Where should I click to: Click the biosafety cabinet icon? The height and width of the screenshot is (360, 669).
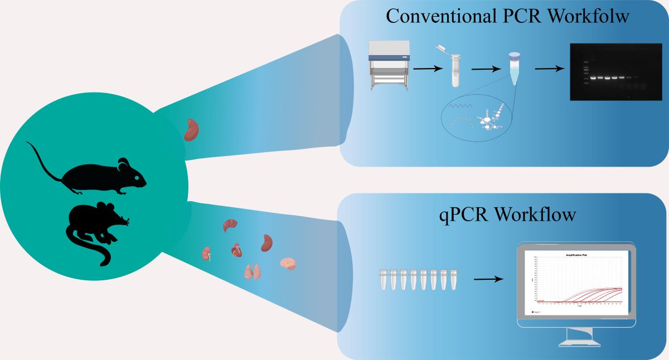pyautogui.click(x=389, y=66)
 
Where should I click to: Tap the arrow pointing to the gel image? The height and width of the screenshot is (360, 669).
pyautogui.click(x=549, y=69)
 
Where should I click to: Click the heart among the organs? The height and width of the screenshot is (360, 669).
pyautogui.click(x=237, y=250)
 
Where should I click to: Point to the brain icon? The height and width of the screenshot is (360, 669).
pyautogui.click(x=288, y=263)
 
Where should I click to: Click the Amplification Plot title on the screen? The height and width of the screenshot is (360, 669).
pyautogui.click(x=578, y=255)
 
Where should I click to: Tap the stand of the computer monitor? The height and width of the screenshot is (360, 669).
pyautogui.click(x=578, y=336)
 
